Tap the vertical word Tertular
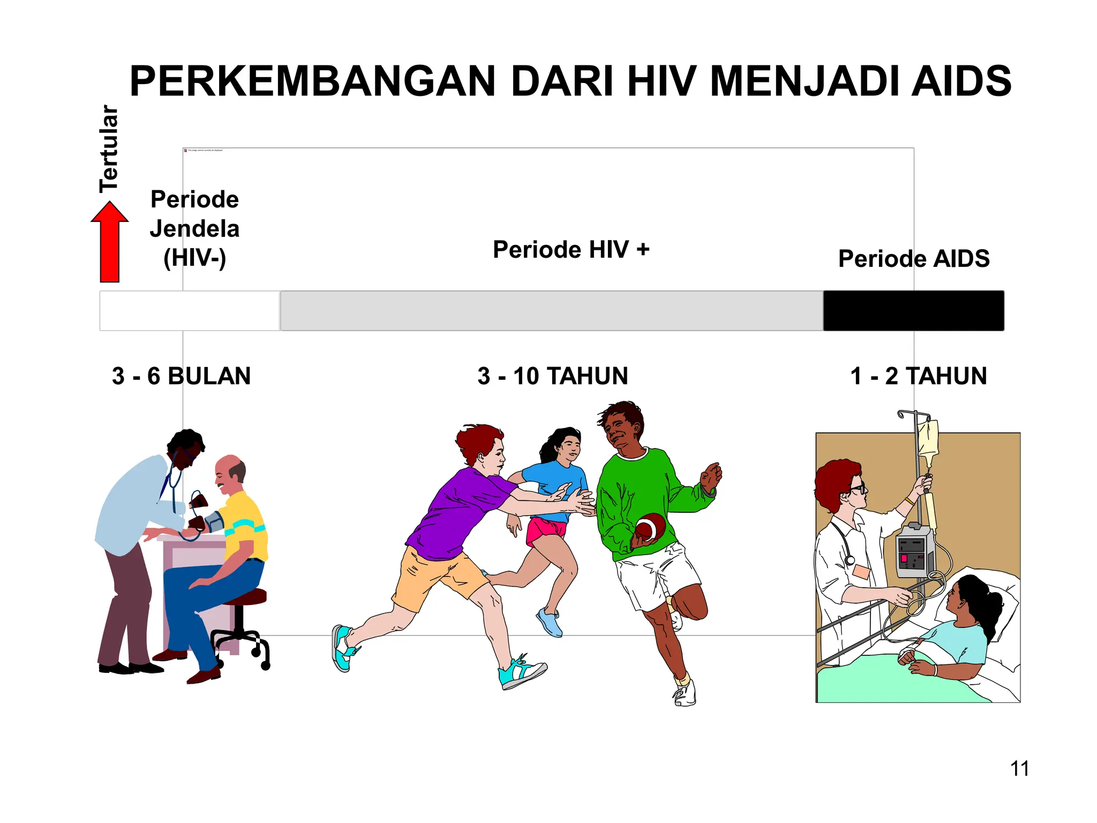[109, 149]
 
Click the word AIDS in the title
[961, 81]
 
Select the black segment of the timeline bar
[913, 311]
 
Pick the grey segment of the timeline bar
[552, 311]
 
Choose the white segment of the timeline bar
[190, 311]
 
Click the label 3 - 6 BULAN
[181, 376]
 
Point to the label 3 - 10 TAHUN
[553, 376]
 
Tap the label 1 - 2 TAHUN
[918, 376]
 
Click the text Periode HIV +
[571, 250]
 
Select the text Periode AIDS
[914, 259]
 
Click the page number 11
[1019, 769]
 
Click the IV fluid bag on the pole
[928, 439]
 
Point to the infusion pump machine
[915, 550]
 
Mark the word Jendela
[194, 229]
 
